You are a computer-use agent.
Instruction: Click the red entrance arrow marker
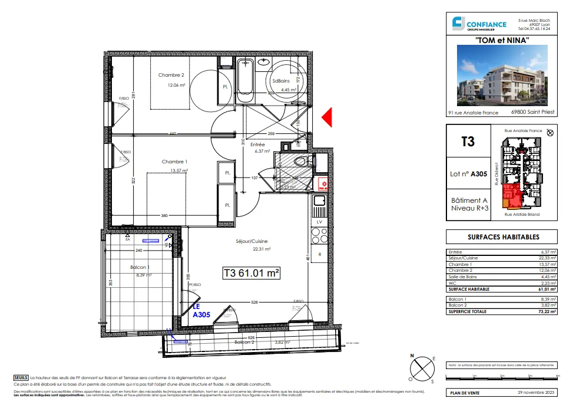(329, 117)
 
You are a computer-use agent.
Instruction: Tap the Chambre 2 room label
(171, 75)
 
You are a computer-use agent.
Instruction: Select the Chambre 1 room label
(174, 162)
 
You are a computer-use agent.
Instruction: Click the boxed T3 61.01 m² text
(251, 274)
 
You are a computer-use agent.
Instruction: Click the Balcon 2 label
(244, 342)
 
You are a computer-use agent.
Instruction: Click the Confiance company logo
(479, 24)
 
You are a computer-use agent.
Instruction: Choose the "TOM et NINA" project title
(502, 40)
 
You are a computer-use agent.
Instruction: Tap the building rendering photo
(502, 77)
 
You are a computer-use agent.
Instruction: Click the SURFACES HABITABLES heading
(502, 236)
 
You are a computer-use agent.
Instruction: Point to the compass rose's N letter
(414, 356)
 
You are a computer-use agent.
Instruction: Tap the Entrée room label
(258, 144)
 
